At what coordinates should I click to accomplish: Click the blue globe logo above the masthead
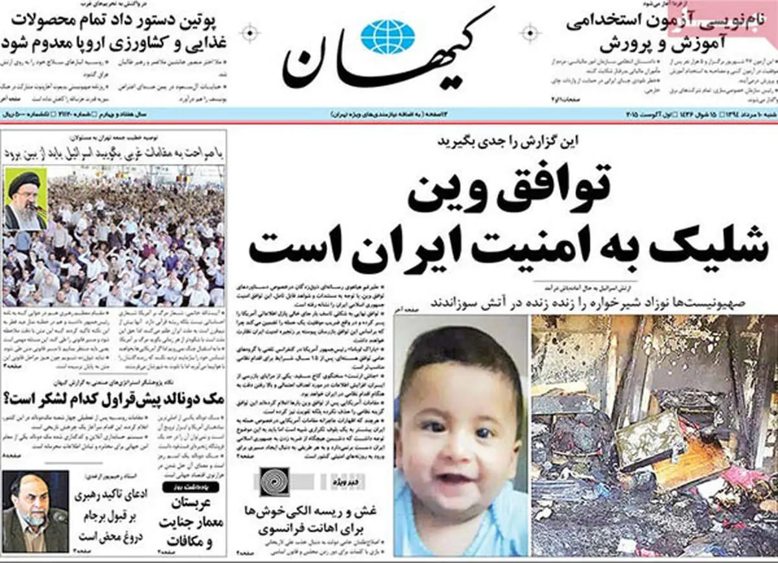(x=388, y=36)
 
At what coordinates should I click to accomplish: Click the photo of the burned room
(x=654, y=434)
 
